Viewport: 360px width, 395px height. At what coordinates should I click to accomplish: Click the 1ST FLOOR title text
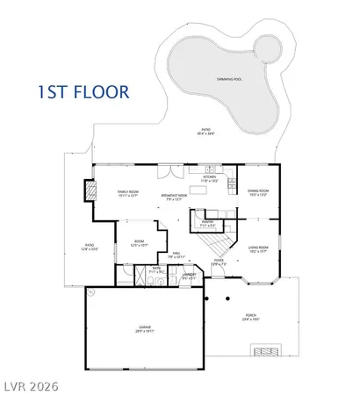coord(83,90)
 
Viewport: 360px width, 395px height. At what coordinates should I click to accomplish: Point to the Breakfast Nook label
coord(176,196)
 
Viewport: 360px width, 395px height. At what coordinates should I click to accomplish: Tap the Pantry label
coord(209,223)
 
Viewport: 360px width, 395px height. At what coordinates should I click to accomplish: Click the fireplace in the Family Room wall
coord(89,190)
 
